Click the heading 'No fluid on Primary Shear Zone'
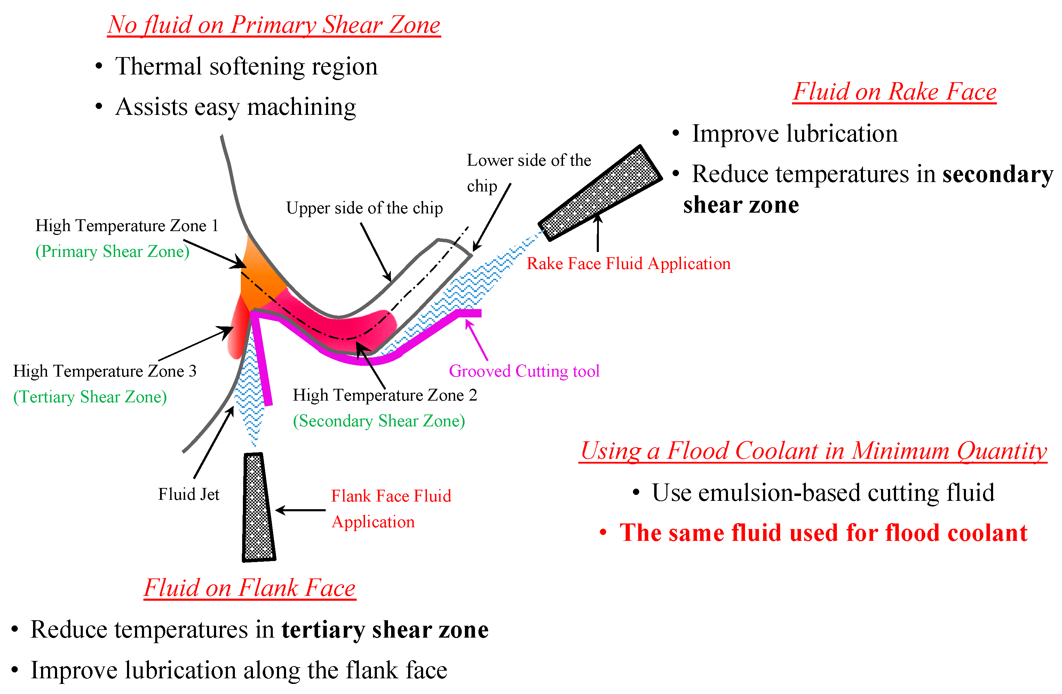click(x=274, y=25)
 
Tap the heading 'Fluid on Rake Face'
click(x=894, y=92)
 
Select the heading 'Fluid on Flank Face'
click(x=249, y=588)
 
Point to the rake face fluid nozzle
click(x=600, y=193)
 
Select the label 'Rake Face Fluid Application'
click(x=628, y=264)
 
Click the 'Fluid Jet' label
click(x=188, y=495)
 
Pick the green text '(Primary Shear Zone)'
click(x=112, y=252)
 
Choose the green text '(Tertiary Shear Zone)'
click(x=90, y=397)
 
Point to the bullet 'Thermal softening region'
click(x=246, y=66)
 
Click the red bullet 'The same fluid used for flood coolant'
click(x=823, y=533)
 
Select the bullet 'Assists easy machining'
click(x=235, y=107)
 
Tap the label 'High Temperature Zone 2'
click(x=385, y=395)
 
